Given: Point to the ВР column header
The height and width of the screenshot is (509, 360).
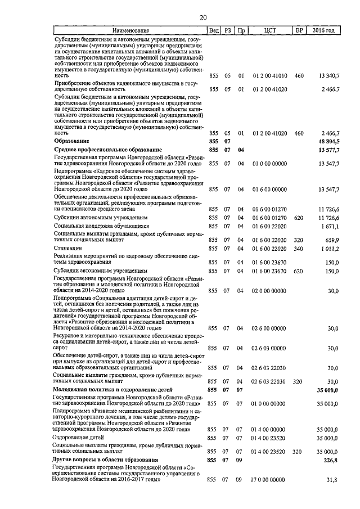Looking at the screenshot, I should (x=299, y=30).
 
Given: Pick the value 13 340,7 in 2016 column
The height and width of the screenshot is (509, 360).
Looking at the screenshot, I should (x=328, y=75).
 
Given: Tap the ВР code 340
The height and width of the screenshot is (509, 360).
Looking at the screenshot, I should (x=299, y=248).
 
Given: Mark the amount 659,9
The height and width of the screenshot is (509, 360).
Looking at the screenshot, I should (x=331, y=239).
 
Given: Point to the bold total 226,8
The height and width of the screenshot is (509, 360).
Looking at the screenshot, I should (x=330, y=460).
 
